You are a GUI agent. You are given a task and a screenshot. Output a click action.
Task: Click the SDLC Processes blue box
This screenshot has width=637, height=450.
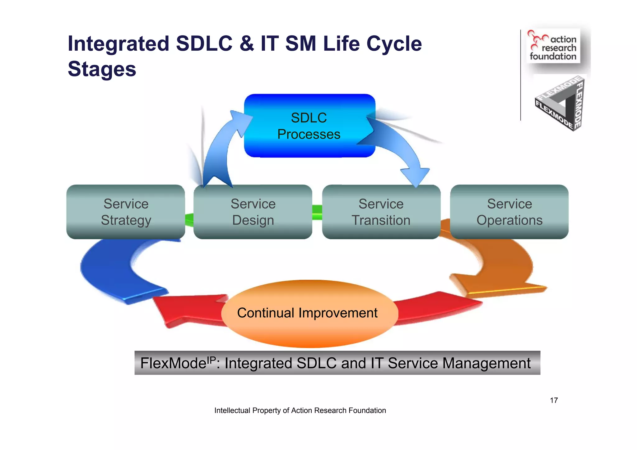(x=309, y=126)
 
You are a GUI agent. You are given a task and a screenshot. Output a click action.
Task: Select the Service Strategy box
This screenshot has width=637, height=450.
(x=126, y=212)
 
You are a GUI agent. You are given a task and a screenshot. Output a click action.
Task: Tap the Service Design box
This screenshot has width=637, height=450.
(x=253, y=212)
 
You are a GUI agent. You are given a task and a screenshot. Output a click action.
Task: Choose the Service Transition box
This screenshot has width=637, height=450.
(x=381, y=212)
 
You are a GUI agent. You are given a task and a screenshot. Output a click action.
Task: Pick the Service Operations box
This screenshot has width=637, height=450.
(x=509, y=212)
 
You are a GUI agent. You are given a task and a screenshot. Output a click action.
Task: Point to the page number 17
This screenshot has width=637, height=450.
(x=554, y=400)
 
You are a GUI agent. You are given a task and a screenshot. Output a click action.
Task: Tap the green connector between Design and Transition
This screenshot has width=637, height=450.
(x=317, y=212)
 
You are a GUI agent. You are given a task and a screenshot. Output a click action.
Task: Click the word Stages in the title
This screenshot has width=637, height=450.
(x=102, y=69)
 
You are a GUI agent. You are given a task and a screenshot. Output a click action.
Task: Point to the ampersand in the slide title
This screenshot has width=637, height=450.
(x=246, y=44)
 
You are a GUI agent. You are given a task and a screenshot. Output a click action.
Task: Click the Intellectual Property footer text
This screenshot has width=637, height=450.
(x=300, y=411)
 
